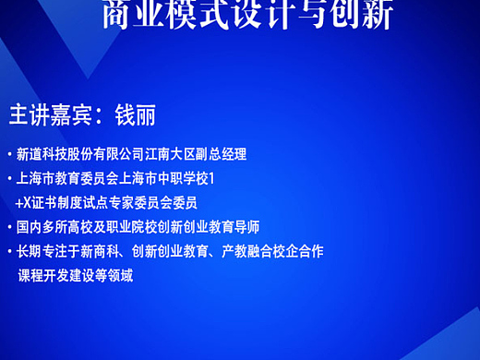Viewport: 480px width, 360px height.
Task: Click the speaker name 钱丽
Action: [x=135, y=114]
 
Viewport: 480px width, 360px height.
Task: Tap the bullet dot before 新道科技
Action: [x=9, y=154]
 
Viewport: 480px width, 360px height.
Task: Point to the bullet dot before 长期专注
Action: [x=9, y=250]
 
